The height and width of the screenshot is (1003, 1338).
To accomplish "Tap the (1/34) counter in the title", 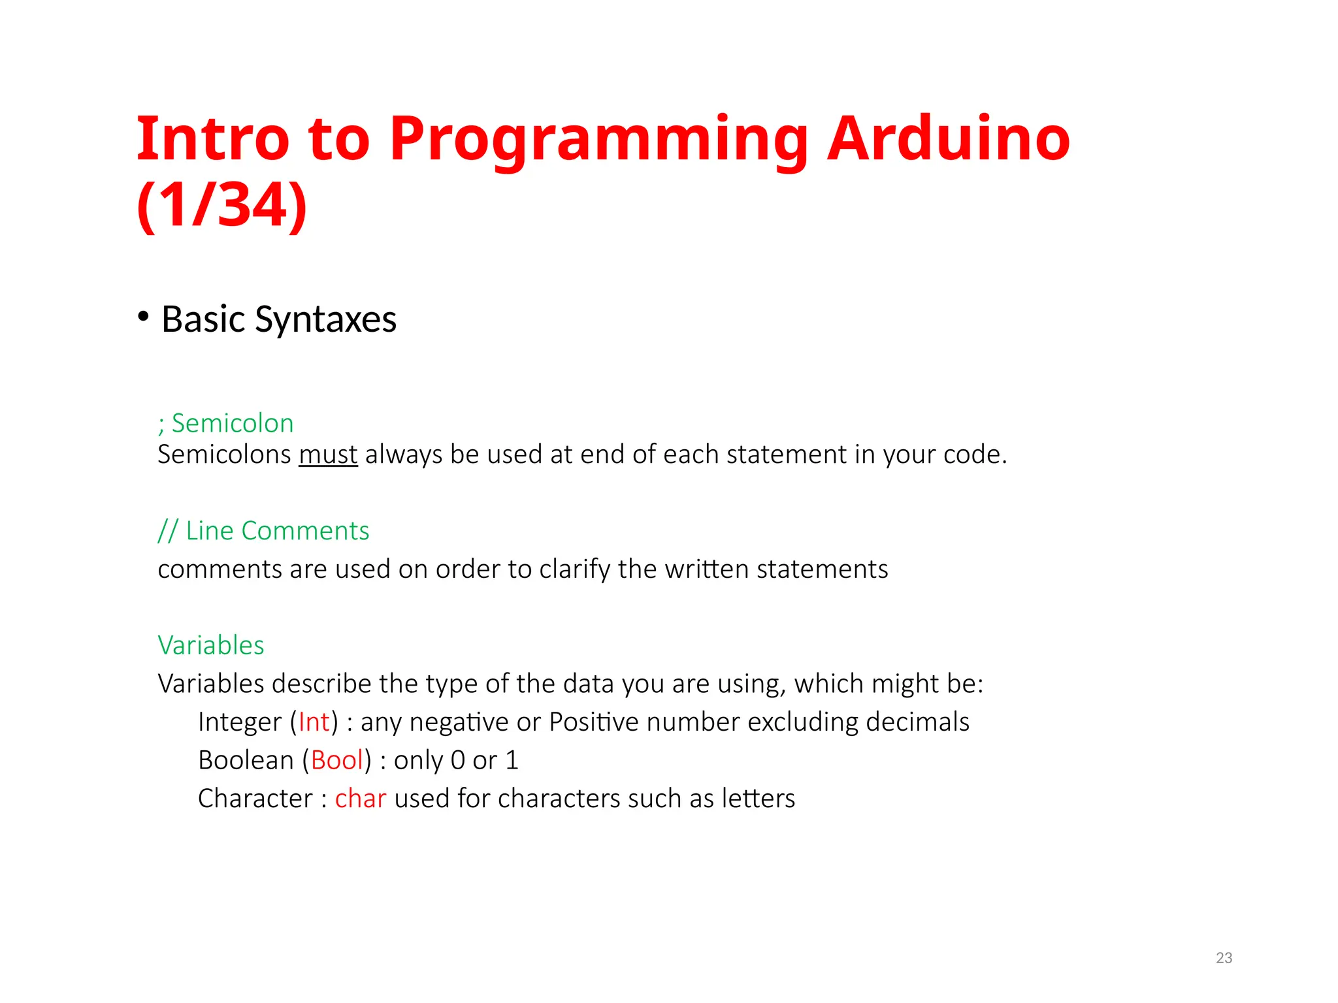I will pos(221,205).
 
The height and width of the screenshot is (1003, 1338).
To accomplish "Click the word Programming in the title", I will pos(598,141).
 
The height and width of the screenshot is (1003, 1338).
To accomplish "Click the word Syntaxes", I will pos(325,320).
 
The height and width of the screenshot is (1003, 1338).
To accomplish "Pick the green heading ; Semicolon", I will pos(225,423).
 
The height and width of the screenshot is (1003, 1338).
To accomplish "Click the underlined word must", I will pos(328,454).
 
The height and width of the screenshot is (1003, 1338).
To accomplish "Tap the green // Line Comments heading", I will pos(263,531).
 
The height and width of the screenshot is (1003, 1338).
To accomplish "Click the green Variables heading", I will pos(210,645).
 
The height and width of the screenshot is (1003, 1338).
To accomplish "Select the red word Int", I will pos(314,722).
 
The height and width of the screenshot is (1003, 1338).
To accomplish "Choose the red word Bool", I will pos(336,761).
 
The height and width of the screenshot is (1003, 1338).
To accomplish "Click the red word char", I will pos(360,799).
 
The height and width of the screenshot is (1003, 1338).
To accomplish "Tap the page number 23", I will pos(1224,958).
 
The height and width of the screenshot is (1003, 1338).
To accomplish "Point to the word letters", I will pos(758,799).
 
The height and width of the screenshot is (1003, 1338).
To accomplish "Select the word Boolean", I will pos(246,761).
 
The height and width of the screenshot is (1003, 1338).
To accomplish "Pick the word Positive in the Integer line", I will pos(593,722).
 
